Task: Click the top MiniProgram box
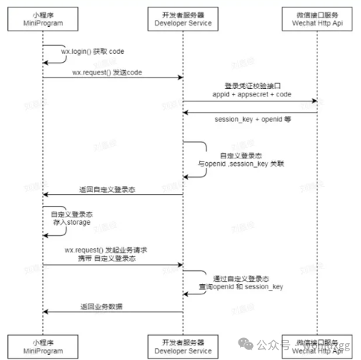coord(42,20)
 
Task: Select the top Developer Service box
coord(182,20)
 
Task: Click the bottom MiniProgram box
coord(42,345)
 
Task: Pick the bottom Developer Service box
coord(182,345)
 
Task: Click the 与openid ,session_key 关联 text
coord(241,164)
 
